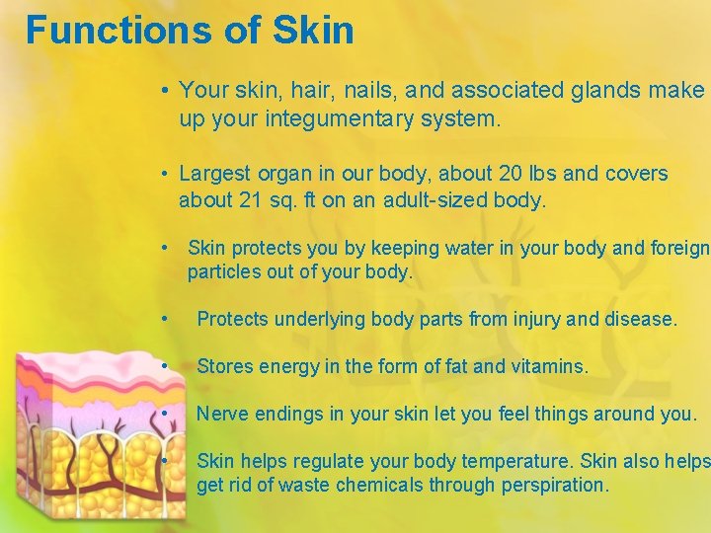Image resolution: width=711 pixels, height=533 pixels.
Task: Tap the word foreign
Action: click(x=675, y=248)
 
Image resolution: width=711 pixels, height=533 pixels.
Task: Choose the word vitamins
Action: click(x=549, y=366)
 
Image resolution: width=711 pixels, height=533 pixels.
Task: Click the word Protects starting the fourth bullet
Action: click(x=233, y=319)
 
